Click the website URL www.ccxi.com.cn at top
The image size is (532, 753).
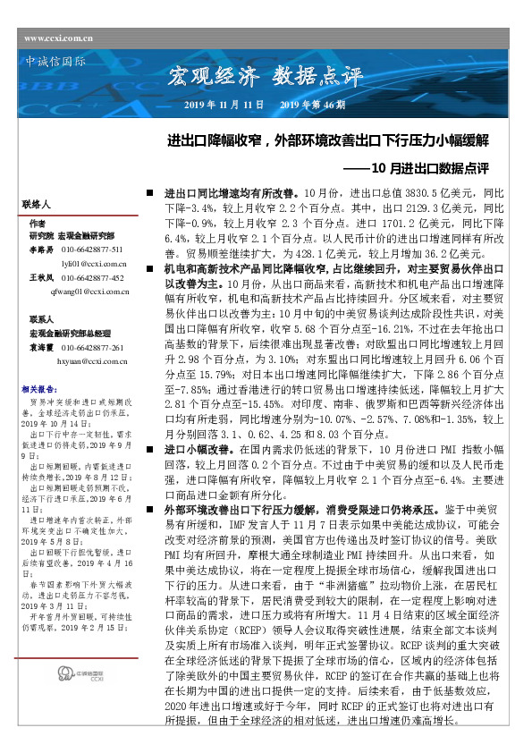[59, 38]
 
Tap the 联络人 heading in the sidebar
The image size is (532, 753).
[40, 205]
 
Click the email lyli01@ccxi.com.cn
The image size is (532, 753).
[93, 265]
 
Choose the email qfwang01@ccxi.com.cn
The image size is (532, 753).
[91, 292]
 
